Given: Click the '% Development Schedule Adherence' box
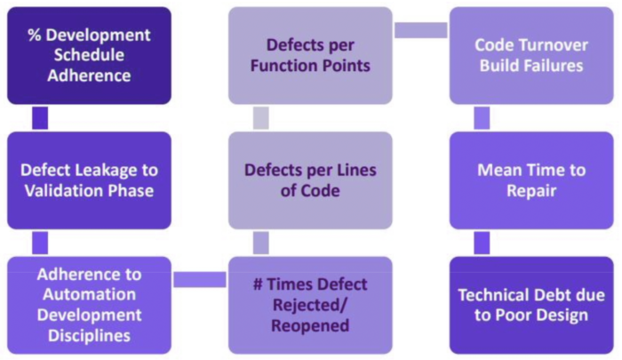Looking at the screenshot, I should coord(89,56).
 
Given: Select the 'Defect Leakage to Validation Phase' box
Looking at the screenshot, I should coord(89,180).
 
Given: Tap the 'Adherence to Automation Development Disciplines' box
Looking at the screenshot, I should coord(89,304).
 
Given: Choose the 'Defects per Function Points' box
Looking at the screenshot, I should coord(310,56).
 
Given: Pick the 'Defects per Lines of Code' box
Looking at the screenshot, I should coord(310,180).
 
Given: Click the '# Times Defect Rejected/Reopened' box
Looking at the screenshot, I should coord(310,304).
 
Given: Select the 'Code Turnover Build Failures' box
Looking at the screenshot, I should coord(531,56).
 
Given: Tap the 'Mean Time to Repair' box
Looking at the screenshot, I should coord(531,180).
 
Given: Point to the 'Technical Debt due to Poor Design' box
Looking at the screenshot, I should coord(531,305).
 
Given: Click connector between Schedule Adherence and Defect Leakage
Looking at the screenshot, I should coord(39,118).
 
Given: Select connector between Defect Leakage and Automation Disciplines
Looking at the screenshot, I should coord(39,243).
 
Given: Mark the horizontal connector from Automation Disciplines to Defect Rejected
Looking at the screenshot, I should coord(199,280).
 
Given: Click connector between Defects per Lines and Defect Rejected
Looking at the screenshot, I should coord(260,243).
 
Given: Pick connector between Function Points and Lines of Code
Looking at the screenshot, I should coord(260,118).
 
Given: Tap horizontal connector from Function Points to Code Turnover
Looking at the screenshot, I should coord(420,30).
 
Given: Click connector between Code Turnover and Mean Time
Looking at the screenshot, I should coord(482,118).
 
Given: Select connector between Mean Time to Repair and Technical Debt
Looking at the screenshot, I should coord(482,243).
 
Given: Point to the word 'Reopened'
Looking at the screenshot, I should coord(310,325).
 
